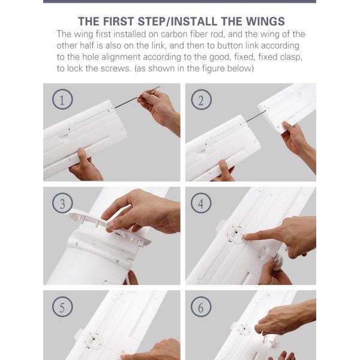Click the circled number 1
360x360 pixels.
62,99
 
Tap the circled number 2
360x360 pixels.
201,100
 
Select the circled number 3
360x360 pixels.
62,203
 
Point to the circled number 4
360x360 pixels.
201,203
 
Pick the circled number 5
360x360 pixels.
62,307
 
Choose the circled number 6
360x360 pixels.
201,307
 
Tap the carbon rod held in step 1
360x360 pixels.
137,97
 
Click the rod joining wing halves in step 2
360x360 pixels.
256,116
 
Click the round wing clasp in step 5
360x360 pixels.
93,340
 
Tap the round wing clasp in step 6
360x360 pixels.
244,329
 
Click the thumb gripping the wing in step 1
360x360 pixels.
82,155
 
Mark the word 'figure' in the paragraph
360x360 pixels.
213,68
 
